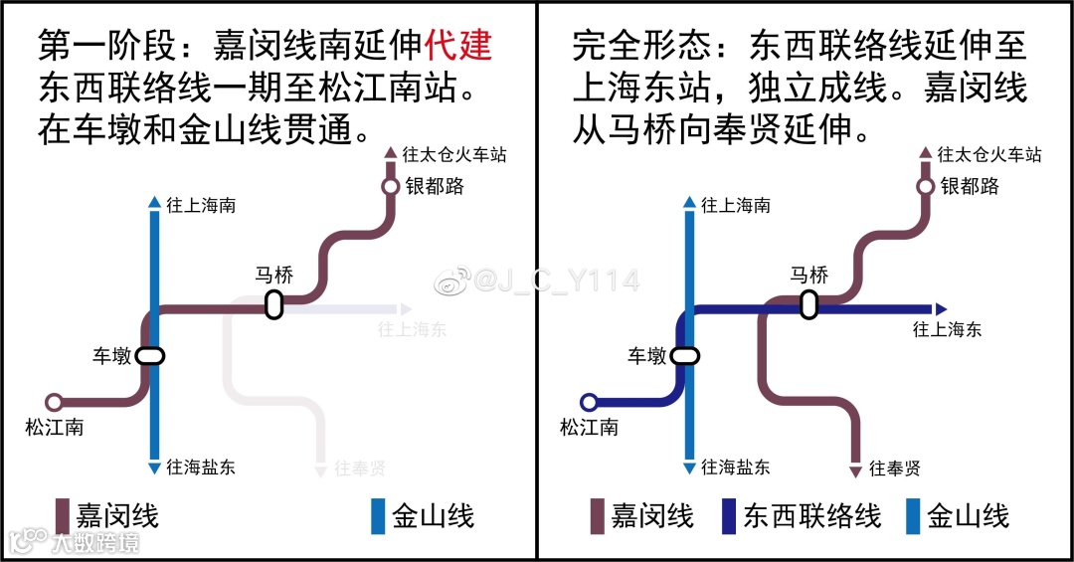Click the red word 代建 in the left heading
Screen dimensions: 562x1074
(x=458, y=45)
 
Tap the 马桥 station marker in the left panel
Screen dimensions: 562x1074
(x=274, y=305)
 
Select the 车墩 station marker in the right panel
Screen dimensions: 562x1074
(x=685, y=355)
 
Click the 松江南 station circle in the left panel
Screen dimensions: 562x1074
(x=55, y=402)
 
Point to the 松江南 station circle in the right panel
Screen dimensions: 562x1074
(x=589, y=402)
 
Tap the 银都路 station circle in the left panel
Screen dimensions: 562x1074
(x=391, y=186)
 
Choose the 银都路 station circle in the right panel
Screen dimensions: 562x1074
(x=925, y=186)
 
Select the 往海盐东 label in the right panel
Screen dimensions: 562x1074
(x=735, y=467)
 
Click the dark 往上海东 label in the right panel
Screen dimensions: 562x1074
(x=946, y=329)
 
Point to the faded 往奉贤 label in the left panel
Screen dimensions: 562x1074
(x=360, y=468)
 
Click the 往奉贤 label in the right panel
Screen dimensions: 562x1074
(x=894, y=468)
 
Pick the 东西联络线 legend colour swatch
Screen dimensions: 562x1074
(x=729, y=516)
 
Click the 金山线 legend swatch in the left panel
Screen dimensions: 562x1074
(x=378, y=516)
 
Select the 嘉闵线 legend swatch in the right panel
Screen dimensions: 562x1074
(x=598, y=516)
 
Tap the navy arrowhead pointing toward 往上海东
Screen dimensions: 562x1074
(x=942, y=308)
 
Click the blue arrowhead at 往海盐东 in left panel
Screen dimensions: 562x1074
(x=154, y=468)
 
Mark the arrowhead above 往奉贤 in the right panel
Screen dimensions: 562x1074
(x=855, y=470)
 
